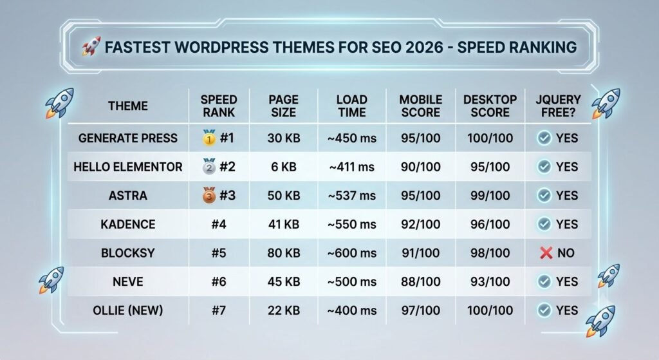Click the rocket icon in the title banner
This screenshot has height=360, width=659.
pyautogui.click(x=91, y=46)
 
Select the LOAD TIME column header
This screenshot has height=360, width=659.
pyautogui.click(x=352, y=106)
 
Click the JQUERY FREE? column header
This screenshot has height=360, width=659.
pyautogui.click(x=558, y=106)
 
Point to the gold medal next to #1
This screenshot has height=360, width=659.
pyautogui.click(x=209, y=138)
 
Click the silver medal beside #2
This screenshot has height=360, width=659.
pyautogui.click(x=209, y=166)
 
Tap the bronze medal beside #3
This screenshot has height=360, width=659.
pyautogui.click(x=209, y=194)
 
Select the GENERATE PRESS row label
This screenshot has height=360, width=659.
pyautogui.click(x=128, y=138)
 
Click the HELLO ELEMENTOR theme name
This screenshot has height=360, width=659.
pyautogui.click(x=128, y=167)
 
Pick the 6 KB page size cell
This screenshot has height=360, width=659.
pyautogui.click(x=284, y=167)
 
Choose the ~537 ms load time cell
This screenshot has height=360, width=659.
pyautogui.click(x=352, y=196)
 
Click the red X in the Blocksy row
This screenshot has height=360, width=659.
pyautogui.click(x=546, y=252)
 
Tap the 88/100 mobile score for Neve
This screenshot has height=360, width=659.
pyautogui.click(x=421, y=281)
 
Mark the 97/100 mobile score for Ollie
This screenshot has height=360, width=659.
pyautogui.click(x=421, y=310)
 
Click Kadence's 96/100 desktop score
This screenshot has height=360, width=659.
pyautogui.click(x=490, y=224)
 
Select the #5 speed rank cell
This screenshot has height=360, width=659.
pyautogui.click(x=219, y=252)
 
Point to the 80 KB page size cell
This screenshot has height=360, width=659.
pyautogui.click(x=284, y=252)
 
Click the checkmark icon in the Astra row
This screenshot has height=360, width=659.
pyautogui.click(x=544, y=195)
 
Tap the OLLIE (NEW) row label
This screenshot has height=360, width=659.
pyautogui.click(x=128, y=310)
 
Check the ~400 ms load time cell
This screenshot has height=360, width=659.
pyautogui.click(x=352, y=310)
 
